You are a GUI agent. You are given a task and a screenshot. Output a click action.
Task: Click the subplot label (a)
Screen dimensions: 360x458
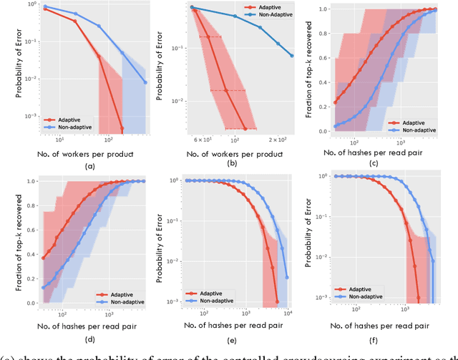[x=89, y=165]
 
